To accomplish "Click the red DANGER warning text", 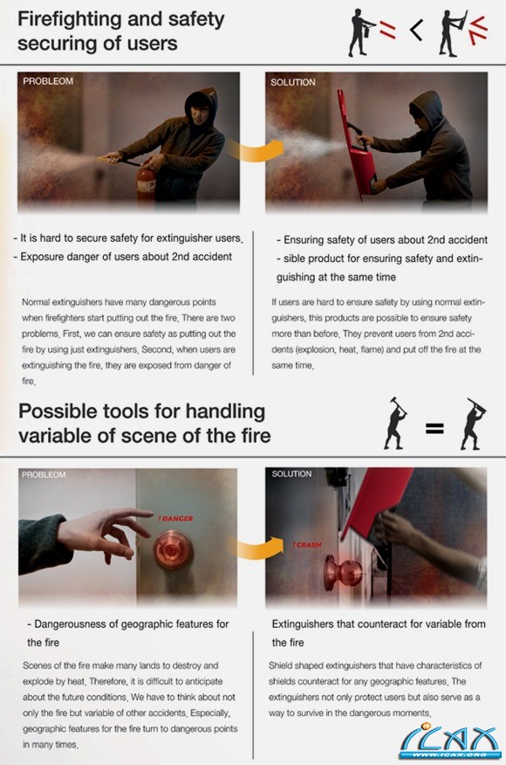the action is tap(175, 519).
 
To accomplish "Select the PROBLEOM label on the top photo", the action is tap(48, 81).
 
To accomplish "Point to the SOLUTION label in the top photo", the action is tap(293, 82).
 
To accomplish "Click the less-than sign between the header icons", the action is tap(416, 31).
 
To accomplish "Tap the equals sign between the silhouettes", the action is tap(434, 429).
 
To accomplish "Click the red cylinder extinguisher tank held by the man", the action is tap(146, 184).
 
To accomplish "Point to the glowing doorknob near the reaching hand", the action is tap(173, 550).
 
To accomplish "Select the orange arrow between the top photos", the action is tap(255, 150).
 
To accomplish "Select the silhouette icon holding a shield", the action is tap(453, 33).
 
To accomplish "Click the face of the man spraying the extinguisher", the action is tap(201, 114).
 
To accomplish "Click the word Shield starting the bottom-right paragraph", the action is tap(281, 665).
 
